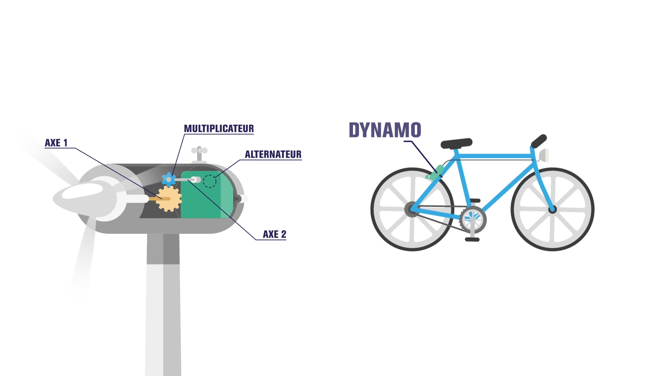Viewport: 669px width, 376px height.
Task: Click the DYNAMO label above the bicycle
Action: click(x=385, y=130)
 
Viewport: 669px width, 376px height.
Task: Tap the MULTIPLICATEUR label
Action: click(x=219, y=129)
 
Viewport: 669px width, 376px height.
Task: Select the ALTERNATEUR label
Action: click(x=273, y=155)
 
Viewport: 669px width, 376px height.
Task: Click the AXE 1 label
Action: click(x=56, y=143)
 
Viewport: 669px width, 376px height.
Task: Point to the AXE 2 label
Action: click(x=275, y=234)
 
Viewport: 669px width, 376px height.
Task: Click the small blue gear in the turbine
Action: click(x=169, y=180)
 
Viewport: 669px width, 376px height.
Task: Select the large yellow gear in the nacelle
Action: click(x=169, y=199)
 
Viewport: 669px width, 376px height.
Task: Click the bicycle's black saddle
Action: click(x=456, y=143)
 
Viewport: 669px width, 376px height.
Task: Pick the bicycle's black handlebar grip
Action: click(x=539, y=141)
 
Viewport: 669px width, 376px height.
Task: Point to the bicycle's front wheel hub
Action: click(x=552, y=210)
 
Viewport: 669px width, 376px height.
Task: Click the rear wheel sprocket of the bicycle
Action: click(x=412, y=209)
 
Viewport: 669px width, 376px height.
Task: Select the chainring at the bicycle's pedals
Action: click(x=473, y=219)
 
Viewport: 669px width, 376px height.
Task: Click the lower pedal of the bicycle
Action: click(x=472, y=239)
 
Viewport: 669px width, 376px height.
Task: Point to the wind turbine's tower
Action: click(x=163, y=305)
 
